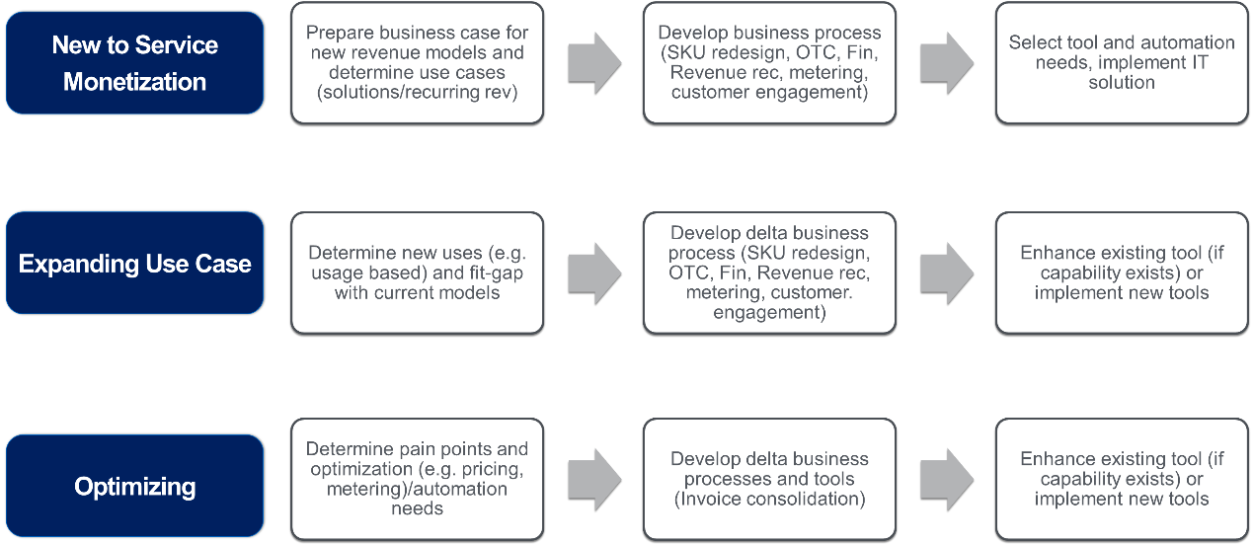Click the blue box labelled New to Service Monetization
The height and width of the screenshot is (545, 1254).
coord(134,63)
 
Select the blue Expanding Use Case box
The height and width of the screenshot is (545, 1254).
coord(134,264)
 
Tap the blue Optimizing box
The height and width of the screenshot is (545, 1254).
coord(134,487)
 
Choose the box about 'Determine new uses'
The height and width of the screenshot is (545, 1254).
coord(417,272)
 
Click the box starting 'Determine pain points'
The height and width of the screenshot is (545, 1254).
coord(417,479)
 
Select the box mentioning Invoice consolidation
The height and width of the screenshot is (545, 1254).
coord(769,479)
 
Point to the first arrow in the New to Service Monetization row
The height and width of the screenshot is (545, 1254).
coord(593,62)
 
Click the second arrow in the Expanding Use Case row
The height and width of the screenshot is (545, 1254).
coord(946,272)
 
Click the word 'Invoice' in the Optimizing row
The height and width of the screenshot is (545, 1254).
coord(709,499)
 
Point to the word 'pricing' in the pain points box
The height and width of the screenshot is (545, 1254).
coord(494,468)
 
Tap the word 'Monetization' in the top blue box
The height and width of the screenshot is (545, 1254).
coord(134,81)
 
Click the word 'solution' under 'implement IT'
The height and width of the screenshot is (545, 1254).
coord(1121,82)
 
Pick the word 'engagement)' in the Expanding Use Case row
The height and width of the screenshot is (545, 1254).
coord(769,312)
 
